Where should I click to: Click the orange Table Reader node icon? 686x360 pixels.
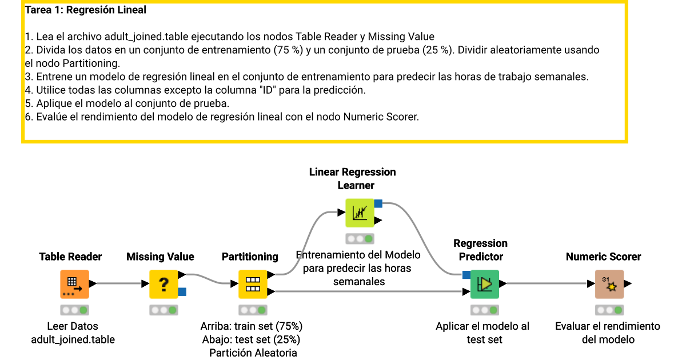click(74, 284)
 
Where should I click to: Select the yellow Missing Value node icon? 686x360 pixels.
click(163, 284)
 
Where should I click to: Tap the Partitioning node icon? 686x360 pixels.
click(253, 284)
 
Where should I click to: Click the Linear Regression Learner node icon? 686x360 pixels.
click(360, 213)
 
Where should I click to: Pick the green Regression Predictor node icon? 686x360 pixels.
click(485, 284)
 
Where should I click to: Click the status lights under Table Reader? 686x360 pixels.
click(74, 310)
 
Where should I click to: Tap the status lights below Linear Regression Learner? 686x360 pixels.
click(360, 239)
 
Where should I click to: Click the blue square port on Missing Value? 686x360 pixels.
click(182, 292)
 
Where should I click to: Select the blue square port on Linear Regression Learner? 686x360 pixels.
click(378, 203)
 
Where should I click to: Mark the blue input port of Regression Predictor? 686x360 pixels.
click(466, 275)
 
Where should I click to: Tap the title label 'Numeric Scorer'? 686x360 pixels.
click(603, 257)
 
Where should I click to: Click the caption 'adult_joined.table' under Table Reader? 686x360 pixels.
click(73, 339)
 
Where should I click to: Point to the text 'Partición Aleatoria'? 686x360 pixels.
click(253, 353)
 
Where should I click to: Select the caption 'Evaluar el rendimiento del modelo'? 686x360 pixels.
click(608, 333)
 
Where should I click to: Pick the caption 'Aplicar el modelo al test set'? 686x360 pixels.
click(482, 333)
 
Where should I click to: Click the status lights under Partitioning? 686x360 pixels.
click(253, 310)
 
